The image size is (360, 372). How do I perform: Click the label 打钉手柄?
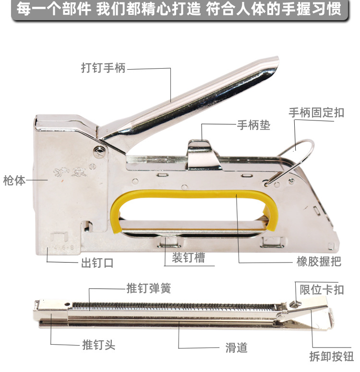point(103,68)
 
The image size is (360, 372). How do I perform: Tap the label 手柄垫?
point(253,125)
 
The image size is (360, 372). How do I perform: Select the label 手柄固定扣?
point(316,112)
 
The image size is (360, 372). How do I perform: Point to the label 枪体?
point(14,180)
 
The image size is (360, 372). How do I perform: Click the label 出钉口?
point(97,263)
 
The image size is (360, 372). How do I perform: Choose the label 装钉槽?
point(188,257)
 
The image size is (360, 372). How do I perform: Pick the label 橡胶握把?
point(319,262)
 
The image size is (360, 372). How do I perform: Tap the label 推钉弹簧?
point(148,288)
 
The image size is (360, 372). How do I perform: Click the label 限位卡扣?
point(322,289)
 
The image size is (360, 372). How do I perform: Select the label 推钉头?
point(99,345)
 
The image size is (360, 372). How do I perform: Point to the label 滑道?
point(236,348)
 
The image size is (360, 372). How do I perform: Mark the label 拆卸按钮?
point(331,356)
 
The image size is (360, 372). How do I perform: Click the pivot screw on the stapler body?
point(99,150)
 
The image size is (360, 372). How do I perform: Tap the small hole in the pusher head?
point(67,304)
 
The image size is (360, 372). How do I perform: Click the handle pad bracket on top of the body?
point(204,156)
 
